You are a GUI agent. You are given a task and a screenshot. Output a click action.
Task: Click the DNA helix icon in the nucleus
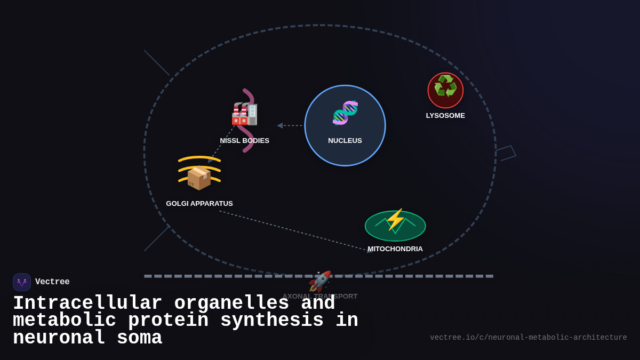(345, 113)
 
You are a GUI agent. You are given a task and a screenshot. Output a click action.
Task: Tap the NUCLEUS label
(345, 141)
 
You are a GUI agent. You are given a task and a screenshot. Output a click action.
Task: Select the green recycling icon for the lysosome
(445, 87)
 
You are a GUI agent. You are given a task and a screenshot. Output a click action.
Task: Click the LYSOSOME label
(445, 116)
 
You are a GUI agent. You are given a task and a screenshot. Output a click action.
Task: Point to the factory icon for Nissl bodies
(244, 114)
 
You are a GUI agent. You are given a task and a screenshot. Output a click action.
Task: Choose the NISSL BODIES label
(244, 141)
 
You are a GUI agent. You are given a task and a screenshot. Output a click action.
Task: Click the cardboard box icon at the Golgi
(199, 178)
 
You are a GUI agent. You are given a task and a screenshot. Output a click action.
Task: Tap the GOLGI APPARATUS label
(199, 204)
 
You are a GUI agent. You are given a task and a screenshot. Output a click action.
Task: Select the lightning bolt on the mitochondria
(395, 219)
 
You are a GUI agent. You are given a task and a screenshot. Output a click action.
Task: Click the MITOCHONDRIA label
(395, 249)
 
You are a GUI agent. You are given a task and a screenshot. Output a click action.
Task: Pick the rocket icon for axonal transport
(320, 281)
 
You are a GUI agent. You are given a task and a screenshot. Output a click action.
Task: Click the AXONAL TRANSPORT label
(320, 297)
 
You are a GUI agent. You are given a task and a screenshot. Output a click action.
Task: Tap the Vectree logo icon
(22, 282)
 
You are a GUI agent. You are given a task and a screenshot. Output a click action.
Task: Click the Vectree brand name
(52, 282)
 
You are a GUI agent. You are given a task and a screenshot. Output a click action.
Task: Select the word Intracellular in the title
(87, 303)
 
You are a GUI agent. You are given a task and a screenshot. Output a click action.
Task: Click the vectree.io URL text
(528, 338)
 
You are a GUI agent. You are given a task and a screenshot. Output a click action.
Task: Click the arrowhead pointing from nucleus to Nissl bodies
(280, 126)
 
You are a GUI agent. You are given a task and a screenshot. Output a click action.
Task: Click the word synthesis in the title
(271, 321)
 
